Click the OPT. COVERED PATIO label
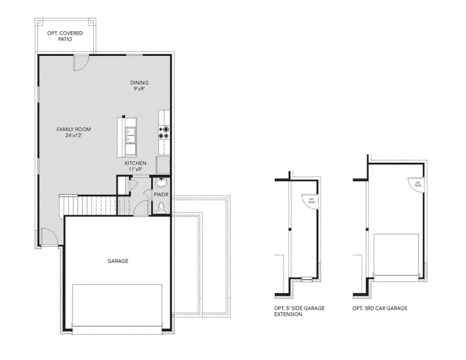point(65,36)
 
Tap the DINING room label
point(139,82)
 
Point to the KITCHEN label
point(135,163)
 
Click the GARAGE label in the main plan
point(118,261)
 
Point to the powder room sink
point(162,183)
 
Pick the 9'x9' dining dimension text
point(139,89)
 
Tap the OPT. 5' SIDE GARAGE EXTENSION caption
point(299,311)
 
